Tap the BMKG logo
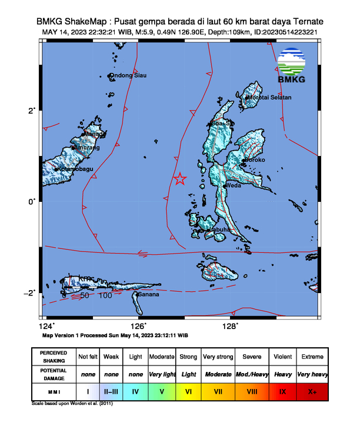pos(293,67)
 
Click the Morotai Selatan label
pos(269,97)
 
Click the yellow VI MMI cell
pos(188,390)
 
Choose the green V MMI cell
pos(161,390)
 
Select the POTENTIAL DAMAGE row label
pos(54,374)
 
